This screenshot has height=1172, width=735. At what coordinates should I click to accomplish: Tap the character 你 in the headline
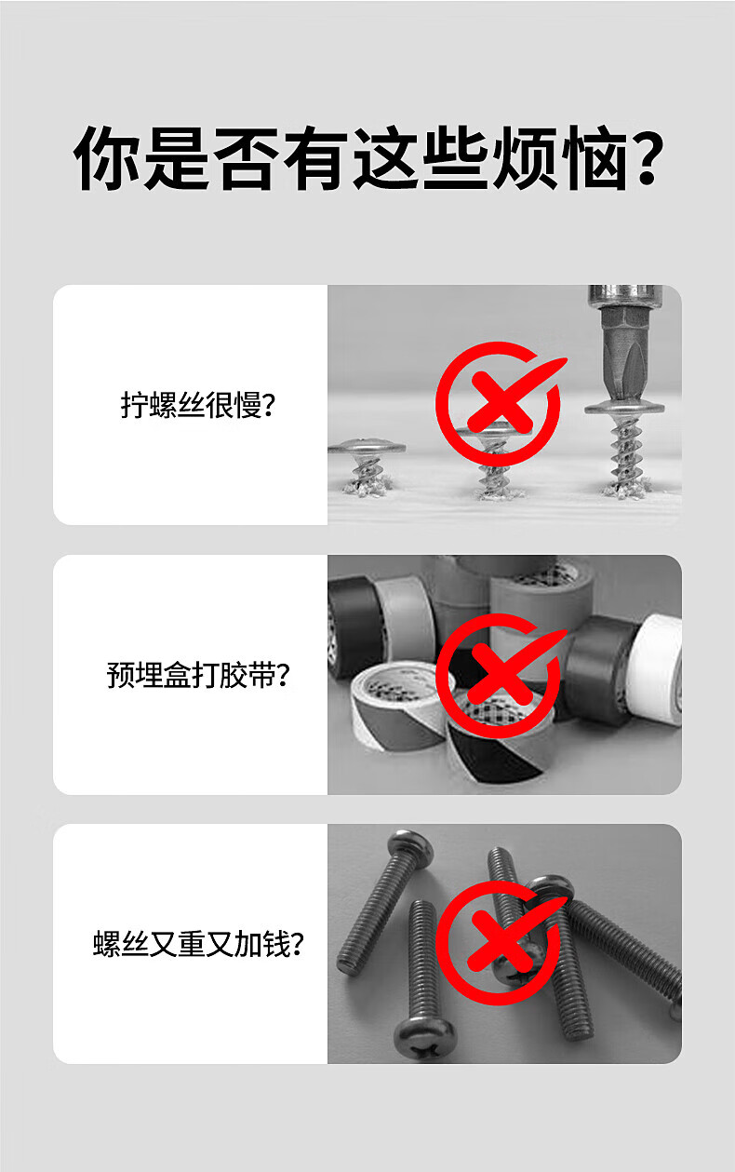pyautogui.click(x=106, y=158)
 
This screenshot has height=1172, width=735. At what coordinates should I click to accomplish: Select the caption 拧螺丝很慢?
pyautogui.click(x=197, y=404)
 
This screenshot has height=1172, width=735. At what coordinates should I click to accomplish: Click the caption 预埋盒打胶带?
pyautogui.click(x=197, y=674)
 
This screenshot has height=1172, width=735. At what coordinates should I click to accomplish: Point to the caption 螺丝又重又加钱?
pyautogui.click(x=197, y=945)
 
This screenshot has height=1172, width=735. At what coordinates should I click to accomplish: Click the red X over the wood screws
pyautogui.click(x=501, y=403)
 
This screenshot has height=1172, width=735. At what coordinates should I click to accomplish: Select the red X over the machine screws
pyautogui.click(x=501, y=942)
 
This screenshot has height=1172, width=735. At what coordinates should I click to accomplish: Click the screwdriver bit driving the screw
pyautogui.click(x=625, y=345)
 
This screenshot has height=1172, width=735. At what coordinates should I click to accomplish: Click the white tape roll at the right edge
pyautogui.click(x=656, y=671)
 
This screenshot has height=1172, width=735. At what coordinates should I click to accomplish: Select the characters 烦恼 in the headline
pyautogui.click(x=560, y=158)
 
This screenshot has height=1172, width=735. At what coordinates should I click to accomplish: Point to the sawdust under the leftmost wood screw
pyautogui.click(x=367, y=488)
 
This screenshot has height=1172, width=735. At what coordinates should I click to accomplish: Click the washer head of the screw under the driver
pyautogui.click(x=624, y=407)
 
